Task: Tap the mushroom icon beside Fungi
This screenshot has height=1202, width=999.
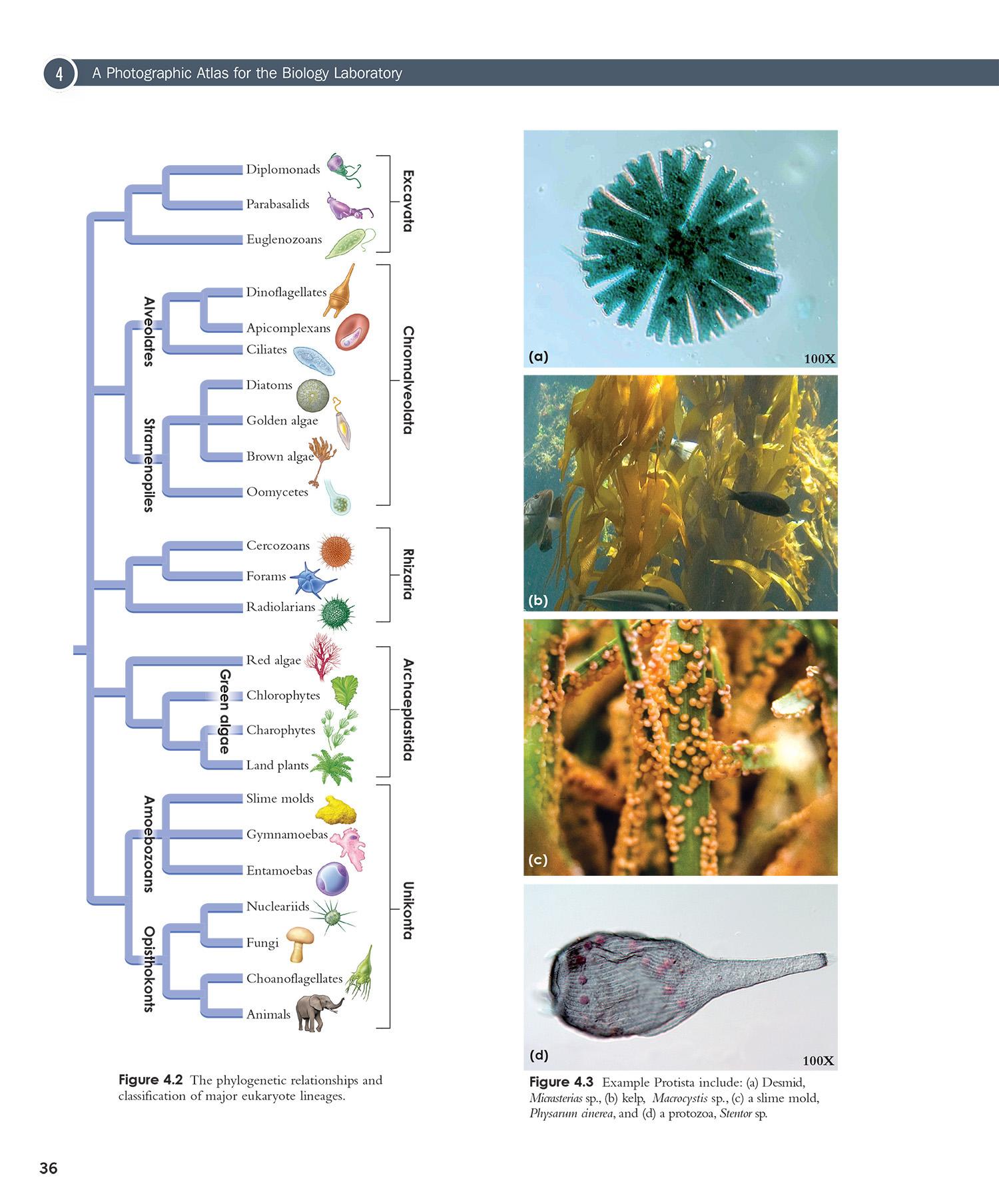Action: click(300, 944)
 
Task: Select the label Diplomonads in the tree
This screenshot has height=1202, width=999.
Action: click(283, 169)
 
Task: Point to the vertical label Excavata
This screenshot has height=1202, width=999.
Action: click(408, 200)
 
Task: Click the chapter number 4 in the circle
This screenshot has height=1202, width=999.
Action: click(60, 74)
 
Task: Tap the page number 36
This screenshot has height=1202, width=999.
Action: click(49, 1168)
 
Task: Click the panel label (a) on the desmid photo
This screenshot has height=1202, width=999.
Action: click(538, 356)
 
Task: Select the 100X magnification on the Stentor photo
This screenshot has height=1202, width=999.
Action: click(818, 1061)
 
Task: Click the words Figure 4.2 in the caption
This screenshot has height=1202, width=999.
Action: click(151, 1080)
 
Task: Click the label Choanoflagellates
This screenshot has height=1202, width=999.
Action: click(294, 978)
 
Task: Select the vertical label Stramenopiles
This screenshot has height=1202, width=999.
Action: click(149, 465)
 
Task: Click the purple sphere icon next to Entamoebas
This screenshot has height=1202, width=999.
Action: click(332, 878)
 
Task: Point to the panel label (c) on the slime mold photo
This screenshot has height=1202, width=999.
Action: click(538, 859)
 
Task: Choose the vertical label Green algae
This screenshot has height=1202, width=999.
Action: click(225, 711)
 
